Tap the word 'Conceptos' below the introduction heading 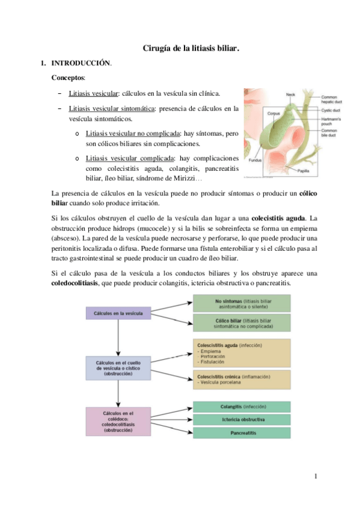click(x=68, y=78)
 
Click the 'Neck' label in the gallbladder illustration click(x=291, y=94)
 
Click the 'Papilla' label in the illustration click(x=304, y=171)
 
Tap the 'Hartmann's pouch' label click(x=332, y=121)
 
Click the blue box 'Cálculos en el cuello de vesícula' click(x=118, y=367)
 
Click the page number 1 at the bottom click(x=314, y=478)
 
